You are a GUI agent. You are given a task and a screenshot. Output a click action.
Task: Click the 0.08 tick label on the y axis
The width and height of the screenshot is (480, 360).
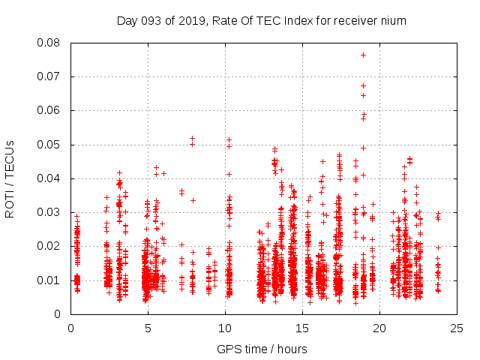(x=50, y=43)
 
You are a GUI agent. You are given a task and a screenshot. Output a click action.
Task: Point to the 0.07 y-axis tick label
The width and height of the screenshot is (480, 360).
(x=50, y=76)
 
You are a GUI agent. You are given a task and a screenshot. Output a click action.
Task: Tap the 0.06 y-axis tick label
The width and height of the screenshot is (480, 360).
(x=50, y=110)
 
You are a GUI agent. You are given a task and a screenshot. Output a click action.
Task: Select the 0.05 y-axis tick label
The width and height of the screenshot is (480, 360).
(x=50, y=144)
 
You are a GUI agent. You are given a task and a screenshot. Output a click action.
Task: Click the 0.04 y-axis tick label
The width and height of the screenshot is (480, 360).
(x=50, y=178)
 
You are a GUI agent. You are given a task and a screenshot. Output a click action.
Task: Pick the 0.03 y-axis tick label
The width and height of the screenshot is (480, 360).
(x=50, y=212)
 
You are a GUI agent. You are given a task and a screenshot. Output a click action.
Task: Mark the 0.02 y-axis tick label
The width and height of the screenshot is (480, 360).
(x=50, y=246)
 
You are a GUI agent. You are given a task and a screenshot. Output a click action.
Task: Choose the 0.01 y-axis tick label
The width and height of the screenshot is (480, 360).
(x=50, y=280)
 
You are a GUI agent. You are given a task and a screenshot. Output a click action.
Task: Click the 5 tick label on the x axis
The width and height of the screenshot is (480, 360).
(x=148, y=328)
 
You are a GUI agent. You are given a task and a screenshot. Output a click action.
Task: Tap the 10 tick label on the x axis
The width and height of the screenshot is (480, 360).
(x=225, y=328)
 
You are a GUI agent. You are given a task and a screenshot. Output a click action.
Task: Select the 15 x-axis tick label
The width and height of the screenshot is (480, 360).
(x=302, y=328)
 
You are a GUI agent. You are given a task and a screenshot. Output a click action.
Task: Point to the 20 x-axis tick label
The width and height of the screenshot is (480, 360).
(x=379, y=328)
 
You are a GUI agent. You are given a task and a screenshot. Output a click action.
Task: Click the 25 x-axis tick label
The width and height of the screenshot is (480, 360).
(x=457, y=328)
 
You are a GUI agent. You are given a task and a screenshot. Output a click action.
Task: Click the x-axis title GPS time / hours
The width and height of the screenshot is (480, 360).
(x=262, y=349)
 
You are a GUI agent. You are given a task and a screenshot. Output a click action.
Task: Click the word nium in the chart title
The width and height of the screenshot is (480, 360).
(x=394, y=20)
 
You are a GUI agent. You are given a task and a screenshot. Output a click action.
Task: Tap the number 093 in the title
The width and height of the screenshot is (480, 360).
(x=153, y=20)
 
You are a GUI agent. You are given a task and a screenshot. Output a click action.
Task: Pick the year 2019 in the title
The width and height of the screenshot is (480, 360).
(x=193, y=20)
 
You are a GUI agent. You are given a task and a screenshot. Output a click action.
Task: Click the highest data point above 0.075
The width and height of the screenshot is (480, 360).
(x=363, y=55)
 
